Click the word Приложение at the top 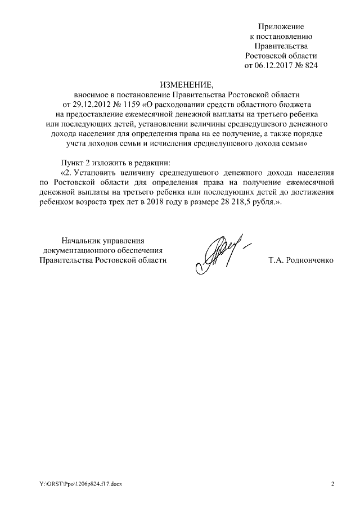click(x=281, y=26)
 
